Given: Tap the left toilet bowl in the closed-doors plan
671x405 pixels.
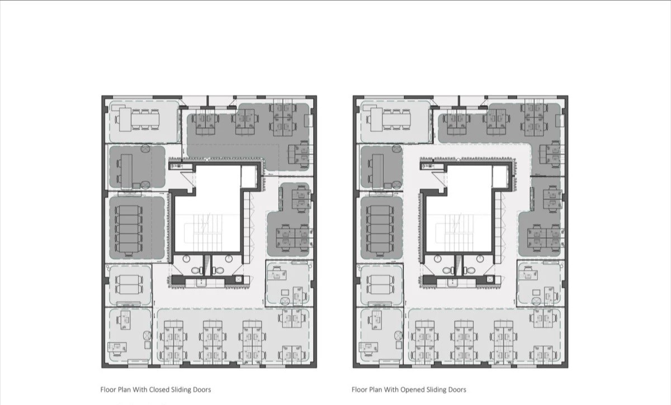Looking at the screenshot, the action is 197,271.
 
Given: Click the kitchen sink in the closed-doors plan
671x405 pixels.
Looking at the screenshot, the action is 201,283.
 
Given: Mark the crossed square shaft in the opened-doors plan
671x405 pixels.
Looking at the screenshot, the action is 490,279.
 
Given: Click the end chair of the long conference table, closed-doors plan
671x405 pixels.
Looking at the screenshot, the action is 129,254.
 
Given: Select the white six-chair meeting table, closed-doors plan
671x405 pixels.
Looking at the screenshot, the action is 139,120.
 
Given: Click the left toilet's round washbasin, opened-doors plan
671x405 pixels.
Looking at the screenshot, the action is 438,258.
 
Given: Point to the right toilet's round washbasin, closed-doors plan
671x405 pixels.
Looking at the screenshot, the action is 229,258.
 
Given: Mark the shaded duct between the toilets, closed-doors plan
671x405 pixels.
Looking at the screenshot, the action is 207,265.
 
